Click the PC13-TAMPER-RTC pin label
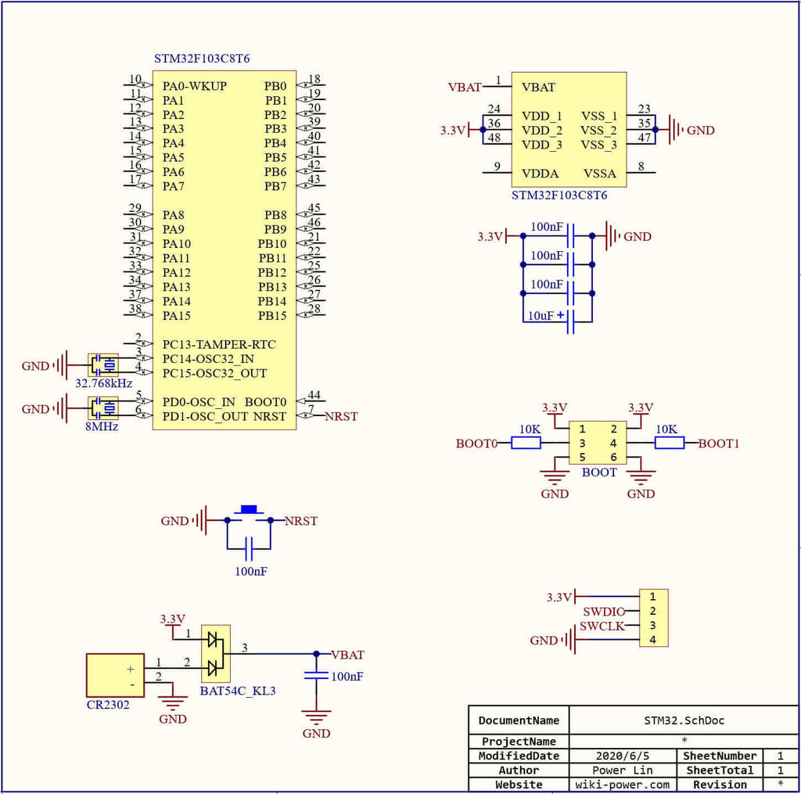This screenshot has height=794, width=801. (x=219, y=344)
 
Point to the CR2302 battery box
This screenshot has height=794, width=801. (x=115, y=675)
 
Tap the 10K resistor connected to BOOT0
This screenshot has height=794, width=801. (x=526, y=444)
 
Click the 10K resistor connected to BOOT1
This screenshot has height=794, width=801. (x=669, y=444)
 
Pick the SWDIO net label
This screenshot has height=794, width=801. (x=603, y=612)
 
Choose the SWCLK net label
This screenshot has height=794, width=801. (x=602, y=627)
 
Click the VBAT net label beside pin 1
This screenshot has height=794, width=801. (x=465, y=88)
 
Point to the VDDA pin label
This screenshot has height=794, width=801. (x=540, y=173)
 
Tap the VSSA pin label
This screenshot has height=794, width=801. (x=600, y=173)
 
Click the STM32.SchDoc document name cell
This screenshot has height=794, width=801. (x=684, y=720)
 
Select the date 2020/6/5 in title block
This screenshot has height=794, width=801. (x=623, y=756)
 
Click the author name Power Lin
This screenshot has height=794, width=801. (x=623, y=771)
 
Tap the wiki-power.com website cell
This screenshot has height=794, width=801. (x=623, y=785)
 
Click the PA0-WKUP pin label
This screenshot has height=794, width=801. (x=195, y=86)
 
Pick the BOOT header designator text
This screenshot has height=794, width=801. (x=599, y=472)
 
